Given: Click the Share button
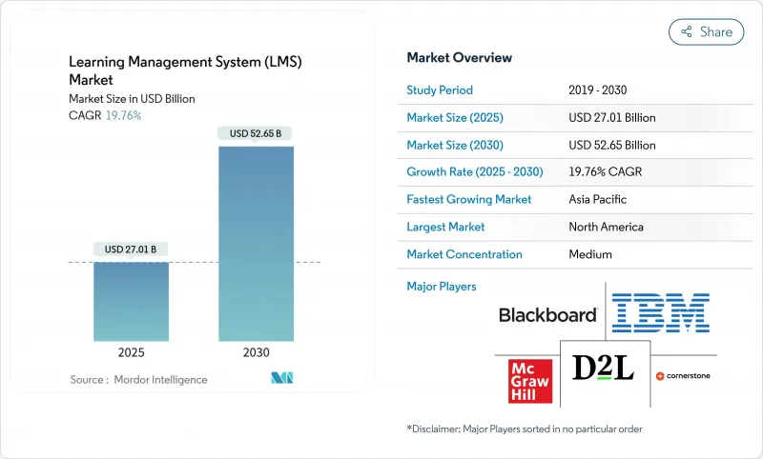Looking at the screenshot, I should (706, 31).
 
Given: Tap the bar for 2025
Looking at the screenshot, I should (131, 301).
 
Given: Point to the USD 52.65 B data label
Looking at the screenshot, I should (256, 133).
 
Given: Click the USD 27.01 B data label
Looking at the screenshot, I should (131, 249).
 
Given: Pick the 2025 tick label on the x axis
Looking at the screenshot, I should (131, 352).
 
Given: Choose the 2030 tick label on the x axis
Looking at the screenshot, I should (257, 352).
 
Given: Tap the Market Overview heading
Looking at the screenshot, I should (458, 57).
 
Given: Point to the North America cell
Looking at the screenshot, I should (606, 227).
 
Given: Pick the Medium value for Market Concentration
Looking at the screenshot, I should (591, 254).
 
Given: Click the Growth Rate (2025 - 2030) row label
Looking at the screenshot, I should (473, 172).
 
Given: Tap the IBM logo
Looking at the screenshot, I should (660, 313).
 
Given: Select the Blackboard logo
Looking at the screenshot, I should (547, 315).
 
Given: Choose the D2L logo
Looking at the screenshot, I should (603, 368).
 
